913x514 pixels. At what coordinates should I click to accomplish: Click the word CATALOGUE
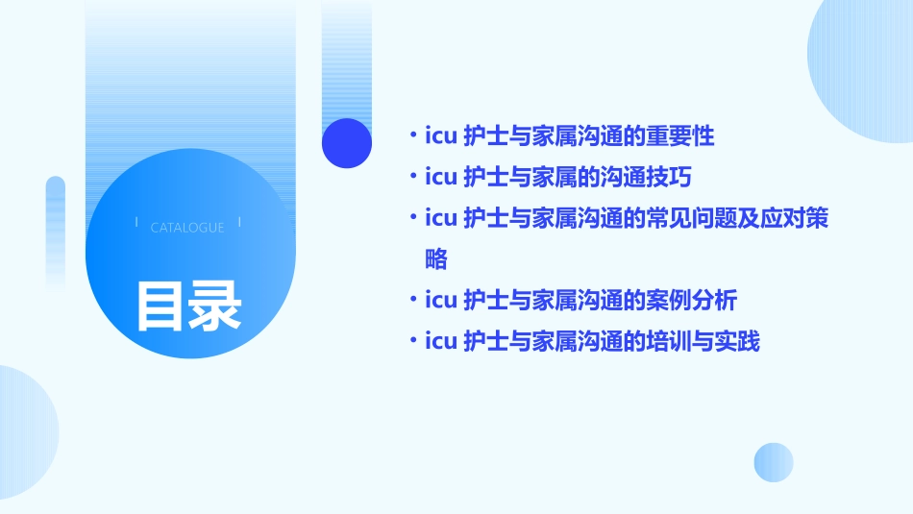[x=187, y=228]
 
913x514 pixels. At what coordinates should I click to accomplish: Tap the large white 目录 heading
[x=188, y=306]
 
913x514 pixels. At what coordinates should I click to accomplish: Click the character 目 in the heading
[x=160, y=306]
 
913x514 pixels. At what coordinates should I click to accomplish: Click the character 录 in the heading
[x=215, y=306]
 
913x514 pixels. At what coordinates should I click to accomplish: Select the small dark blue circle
[x=347, y=143]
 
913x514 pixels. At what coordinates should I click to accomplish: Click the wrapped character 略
[x=435, y=259]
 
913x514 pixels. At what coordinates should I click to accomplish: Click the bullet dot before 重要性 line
[x=412, y=136]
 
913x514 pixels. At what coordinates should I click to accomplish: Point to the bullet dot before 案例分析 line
[x=412, y=301]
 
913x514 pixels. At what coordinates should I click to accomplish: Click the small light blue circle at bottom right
[x=774, y=462]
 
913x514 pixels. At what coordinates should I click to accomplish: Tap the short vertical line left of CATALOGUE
[x=136, y=223]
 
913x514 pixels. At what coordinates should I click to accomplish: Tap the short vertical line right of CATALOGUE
[x=239, y=223]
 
